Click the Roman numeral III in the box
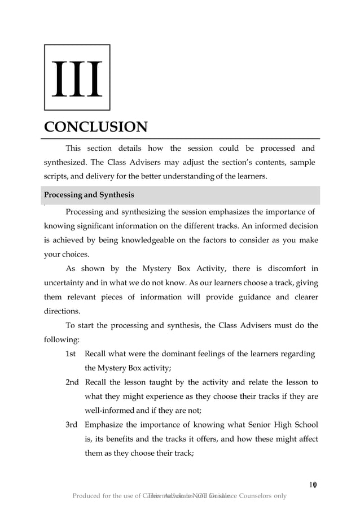pos(77,78)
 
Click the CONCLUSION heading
pos(96,126)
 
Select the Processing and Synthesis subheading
pos(89,195)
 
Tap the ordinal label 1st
pos(71,354)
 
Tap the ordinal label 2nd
pos(72,382)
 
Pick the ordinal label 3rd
pos(72,425)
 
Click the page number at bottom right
pos(313,484)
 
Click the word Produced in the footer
pos(89,496)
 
